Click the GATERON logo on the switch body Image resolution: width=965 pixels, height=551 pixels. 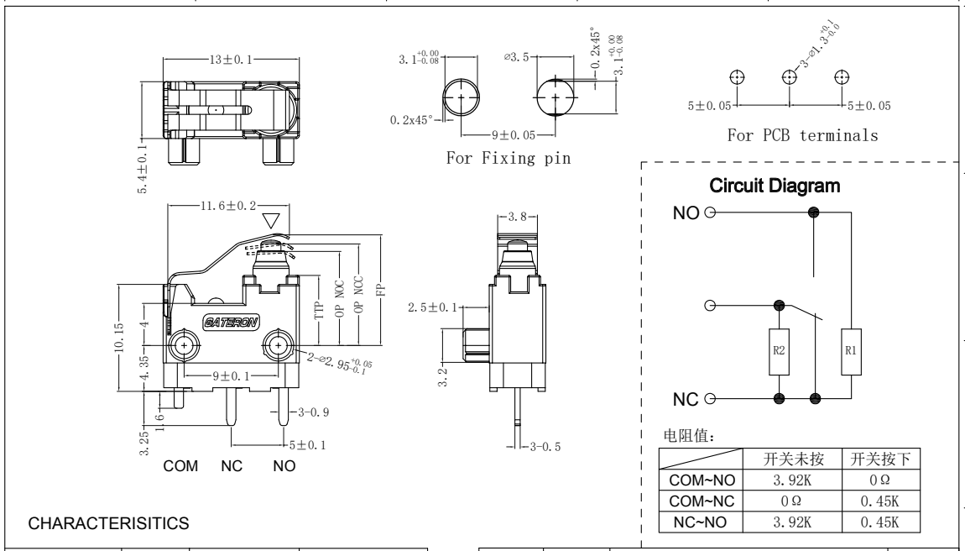click(232, 322)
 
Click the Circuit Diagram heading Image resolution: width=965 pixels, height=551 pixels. click(774, 186)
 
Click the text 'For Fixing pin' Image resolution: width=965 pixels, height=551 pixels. click(509, 160)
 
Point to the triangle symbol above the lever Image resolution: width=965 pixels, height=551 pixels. click(272, 221)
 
